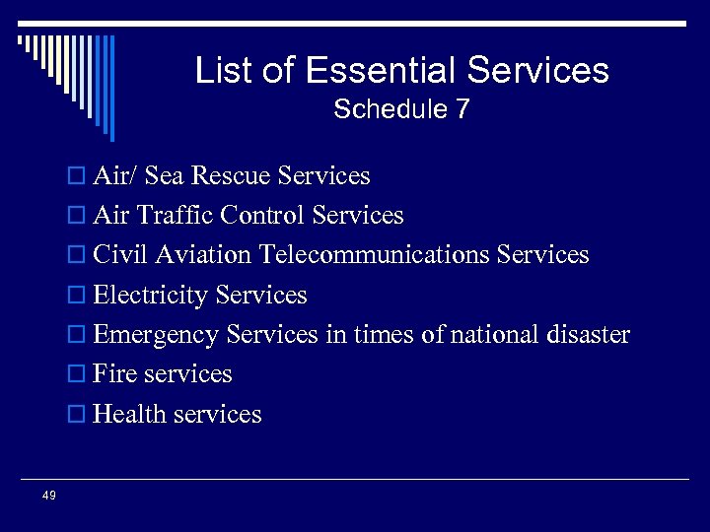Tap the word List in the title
(x=223, y=70)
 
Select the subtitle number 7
(x=461, y=109)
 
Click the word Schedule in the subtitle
(x=389, y=109)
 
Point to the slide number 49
(x=49, y=496)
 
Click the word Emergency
(x=156, y=335)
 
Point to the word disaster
(x=589, y=335)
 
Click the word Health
(x=129, y=414)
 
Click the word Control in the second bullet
(x=258, y=216)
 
